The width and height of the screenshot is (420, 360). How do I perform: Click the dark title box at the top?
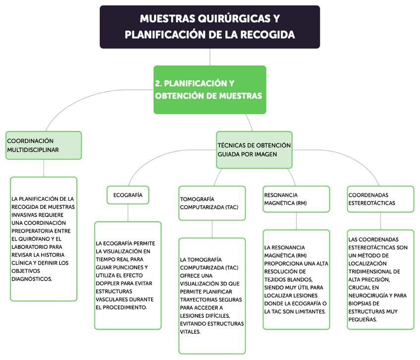click(x=210, y=27)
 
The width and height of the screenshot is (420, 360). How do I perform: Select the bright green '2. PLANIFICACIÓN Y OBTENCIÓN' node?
click(x=210, y=89)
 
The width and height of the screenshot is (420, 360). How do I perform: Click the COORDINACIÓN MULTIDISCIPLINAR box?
click(x=44, y=145)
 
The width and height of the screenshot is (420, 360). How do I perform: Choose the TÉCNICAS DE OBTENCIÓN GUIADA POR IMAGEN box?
click(x=254, y=149)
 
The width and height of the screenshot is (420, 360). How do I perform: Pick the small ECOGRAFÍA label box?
click(x=128, y=195)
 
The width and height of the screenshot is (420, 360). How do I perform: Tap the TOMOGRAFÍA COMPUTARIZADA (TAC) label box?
click(x=212, y=203)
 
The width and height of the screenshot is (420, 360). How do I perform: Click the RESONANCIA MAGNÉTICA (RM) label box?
click(x=296, y=199)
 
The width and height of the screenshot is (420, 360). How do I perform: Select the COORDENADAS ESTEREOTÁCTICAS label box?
click(x=380, y=199)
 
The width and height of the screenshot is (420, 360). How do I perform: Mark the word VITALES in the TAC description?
click(x=190, y=332)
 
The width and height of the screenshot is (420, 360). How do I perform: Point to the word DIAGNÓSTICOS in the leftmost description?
click(x=31, y=279)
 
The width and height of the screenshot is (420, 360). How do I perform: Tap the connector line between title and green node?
click(x=210, y=57)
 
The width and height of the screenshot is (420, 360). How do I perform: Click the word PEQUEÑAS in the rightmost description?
click(x=363, y=320)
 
